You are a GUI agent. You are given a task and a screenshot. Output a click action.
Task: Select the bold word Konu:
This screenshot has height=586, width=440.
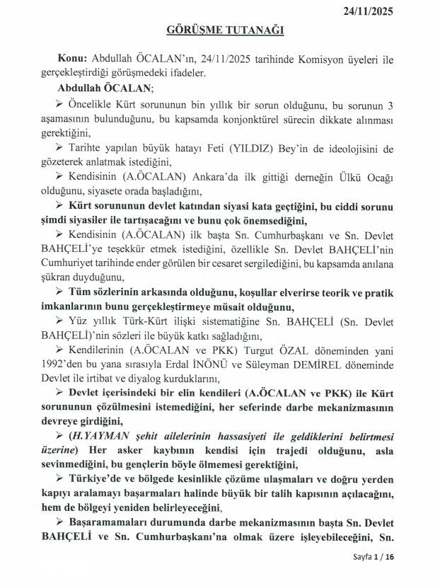(74, 59)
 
